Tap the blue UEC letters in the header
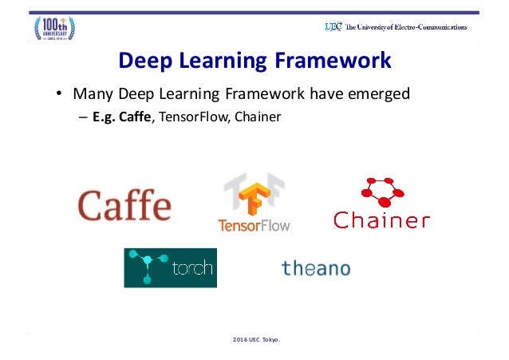[333, 26]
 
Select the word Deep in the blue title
[145, 61]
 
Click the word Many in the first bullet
[91, 94]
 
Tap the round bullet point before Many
[59, 95]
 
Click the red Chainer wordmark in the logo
[381, 220]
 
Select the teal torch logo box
[170, 267]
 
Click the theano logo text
[315, 268]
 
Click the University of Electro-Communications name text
[407, 26]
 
